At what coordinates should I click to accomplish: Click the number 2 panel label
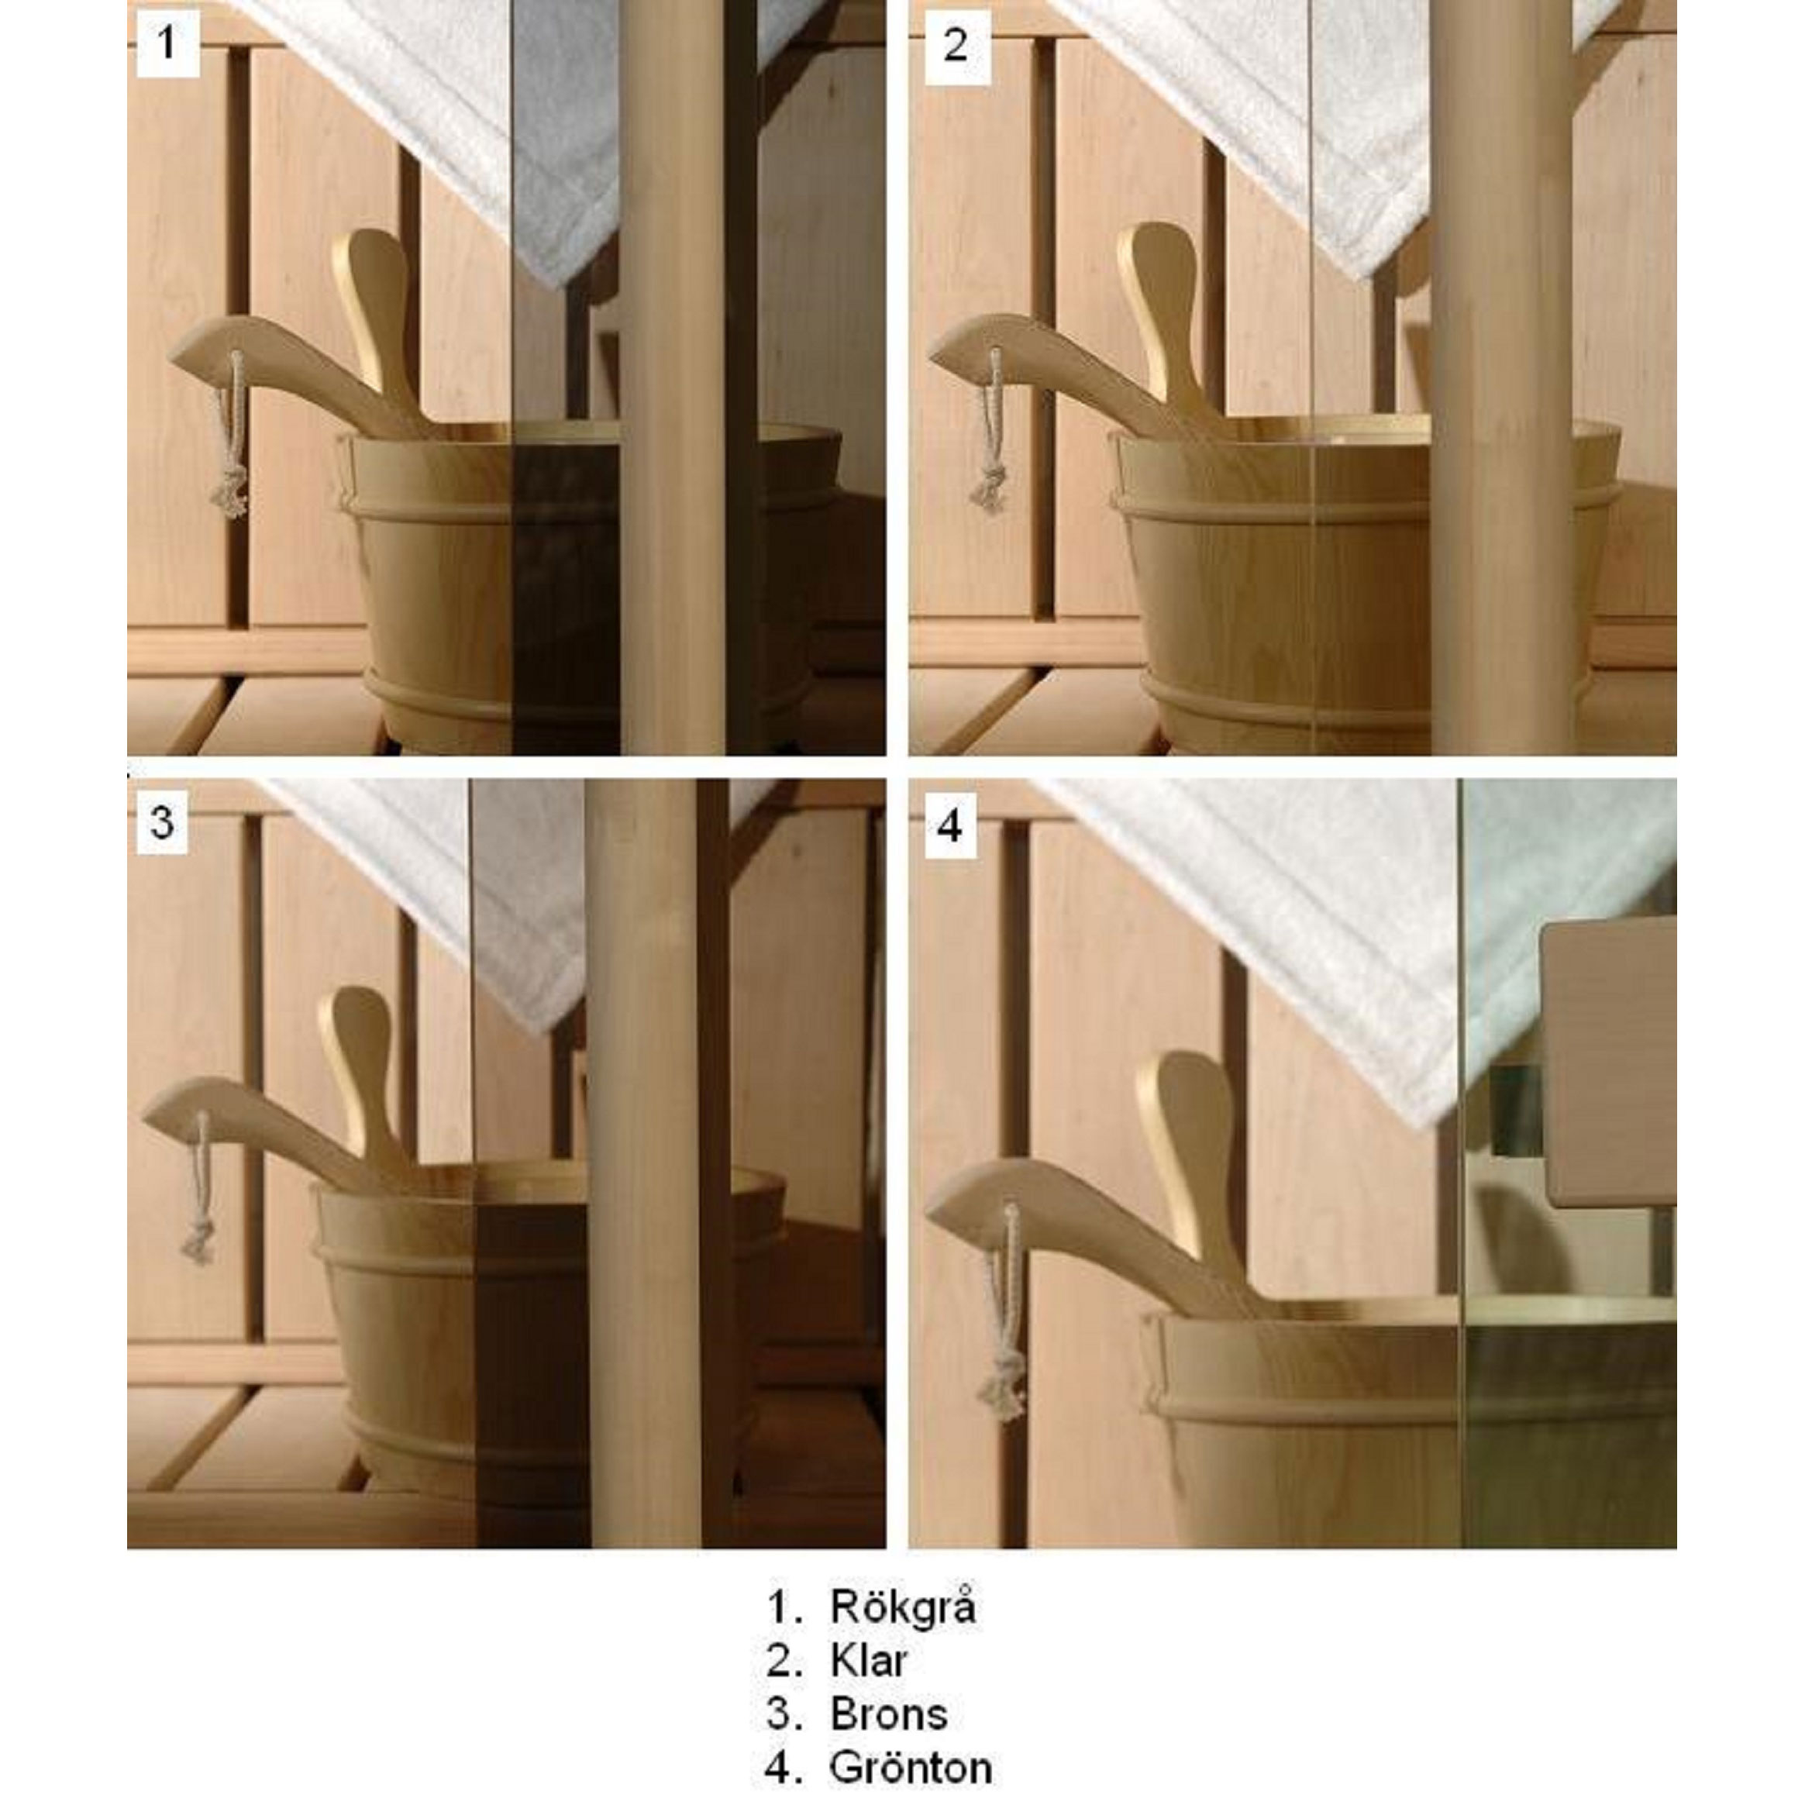tap(956, 45)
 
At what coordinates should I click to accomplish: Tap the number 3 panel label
tap(163, 822)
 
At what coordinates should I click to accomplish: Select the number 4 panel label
tap(951, 826)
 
